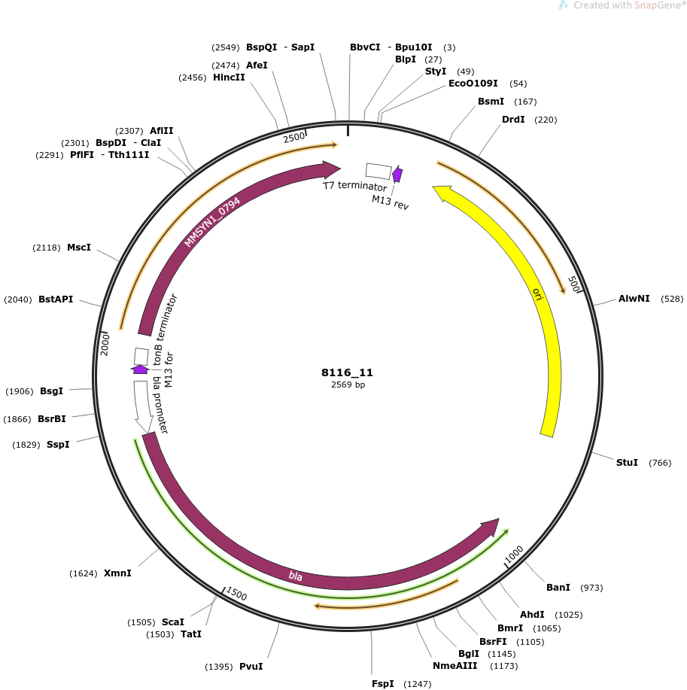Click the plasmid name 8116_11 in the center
pyautogui.click(x=347, y=372)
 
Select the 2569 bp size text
pyautogui.click(x=348, y=385)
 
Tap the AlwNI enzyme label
pyautogui.click(x=634, y=299)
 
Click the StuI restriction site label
pyautogui.click(x=627, y=463)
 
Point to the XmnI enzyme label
pyautogui.click(x=117, y=573)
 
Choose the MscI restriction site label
pyautogui.click(x=79, y=248)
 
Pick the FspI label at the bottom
pyautogui.click(x=382, y=683)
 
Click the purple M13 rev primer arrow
pyautogui.click(x=397, y=174)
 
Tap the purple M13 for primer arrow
pyautogui.click(x=140, y=369)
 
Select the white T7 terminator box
pyautogui.click(x=378, y=171)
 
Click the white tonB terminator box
pyautogui.click(x=141, y=357)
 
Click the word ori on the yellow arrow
pyautogui.click(x=537, y=294)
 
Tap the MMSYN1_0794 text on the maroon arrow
pyautogui.click(x=212, y=222)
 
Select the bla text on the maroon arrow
pyautogui.click(x=295, y=576)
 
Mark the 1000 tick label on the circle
pyautogui.click(x=514, y=554)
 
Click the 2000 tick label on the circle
pyautogui.click(x=105, y=344)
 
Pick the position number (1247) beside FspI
pyautogui.click(x=417, y=684)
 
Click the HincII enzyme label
pyautogui.click(x=229, y=77)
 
